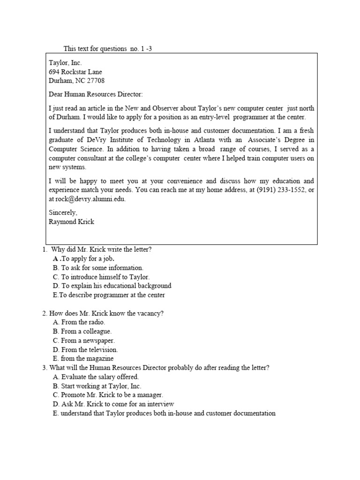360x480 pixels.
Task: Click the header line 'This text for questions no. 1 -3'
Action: click(107, 49)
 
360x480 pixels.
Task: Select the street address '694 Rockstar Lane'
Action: click(75, 72)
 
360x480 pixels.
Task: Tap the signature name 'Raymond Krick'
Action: click(71, 221)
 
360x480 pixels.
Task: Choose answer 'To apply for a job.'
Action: click(88, 258)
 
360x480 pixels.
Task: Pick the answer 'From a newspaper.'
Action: click(88, 341)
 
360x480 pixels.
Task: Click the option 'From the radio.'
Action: click(83, 322)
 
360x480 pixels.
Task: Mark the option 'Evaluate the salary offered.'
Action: click(99, 377)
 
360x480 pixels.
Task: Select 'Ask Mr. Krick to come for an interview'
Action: click(117, 404)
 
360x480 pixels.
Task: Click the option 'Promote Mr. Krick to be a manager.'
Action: click(112, 395)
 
